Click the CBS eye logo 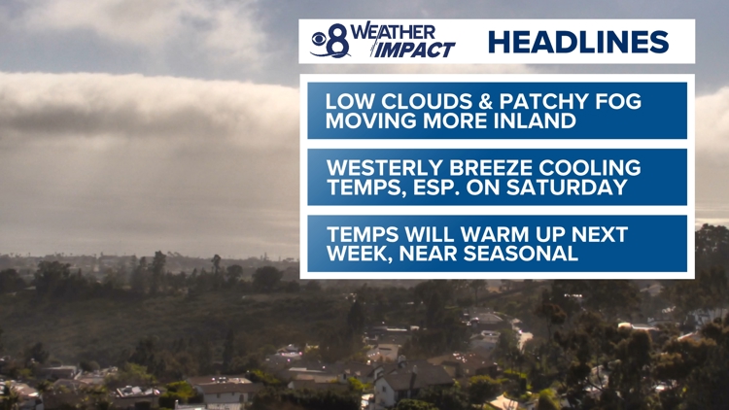(x=320, y=39)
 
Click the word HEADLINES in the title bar (x=578, y=42)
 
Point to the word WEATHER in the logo (x=393, y=32)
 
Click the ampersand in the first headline (x=486, y=101)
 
